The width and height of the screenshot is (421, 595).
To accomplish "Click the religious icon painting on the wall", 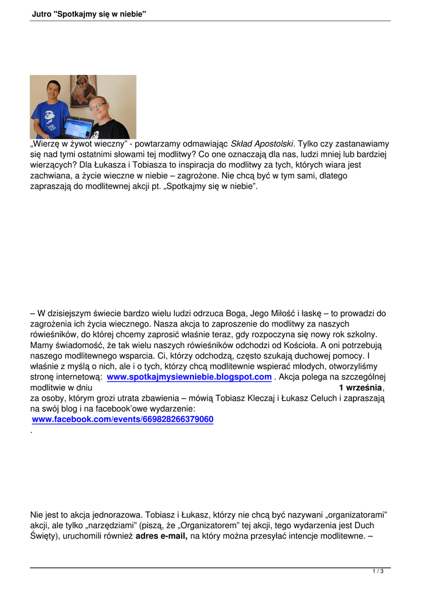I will point(83,90).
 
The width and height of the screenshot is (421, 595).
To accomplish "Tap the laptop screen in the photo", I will point(78,127).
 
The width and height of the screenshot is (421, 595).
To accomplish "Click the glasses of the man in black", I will point(98,107).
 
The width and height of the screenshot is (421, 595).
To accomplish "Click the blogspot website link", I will point(189,377).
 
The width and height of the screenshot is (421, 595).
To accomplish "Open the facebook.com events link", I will point(123,419).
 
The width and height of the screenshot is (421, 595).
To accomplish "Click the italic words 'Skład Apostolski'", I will point(262,144).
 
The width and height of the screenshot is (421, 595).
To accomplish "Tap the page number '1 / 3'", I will point(378,572).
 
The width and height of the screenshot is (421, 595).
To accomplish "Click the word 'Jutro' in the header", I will point(41,13).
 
